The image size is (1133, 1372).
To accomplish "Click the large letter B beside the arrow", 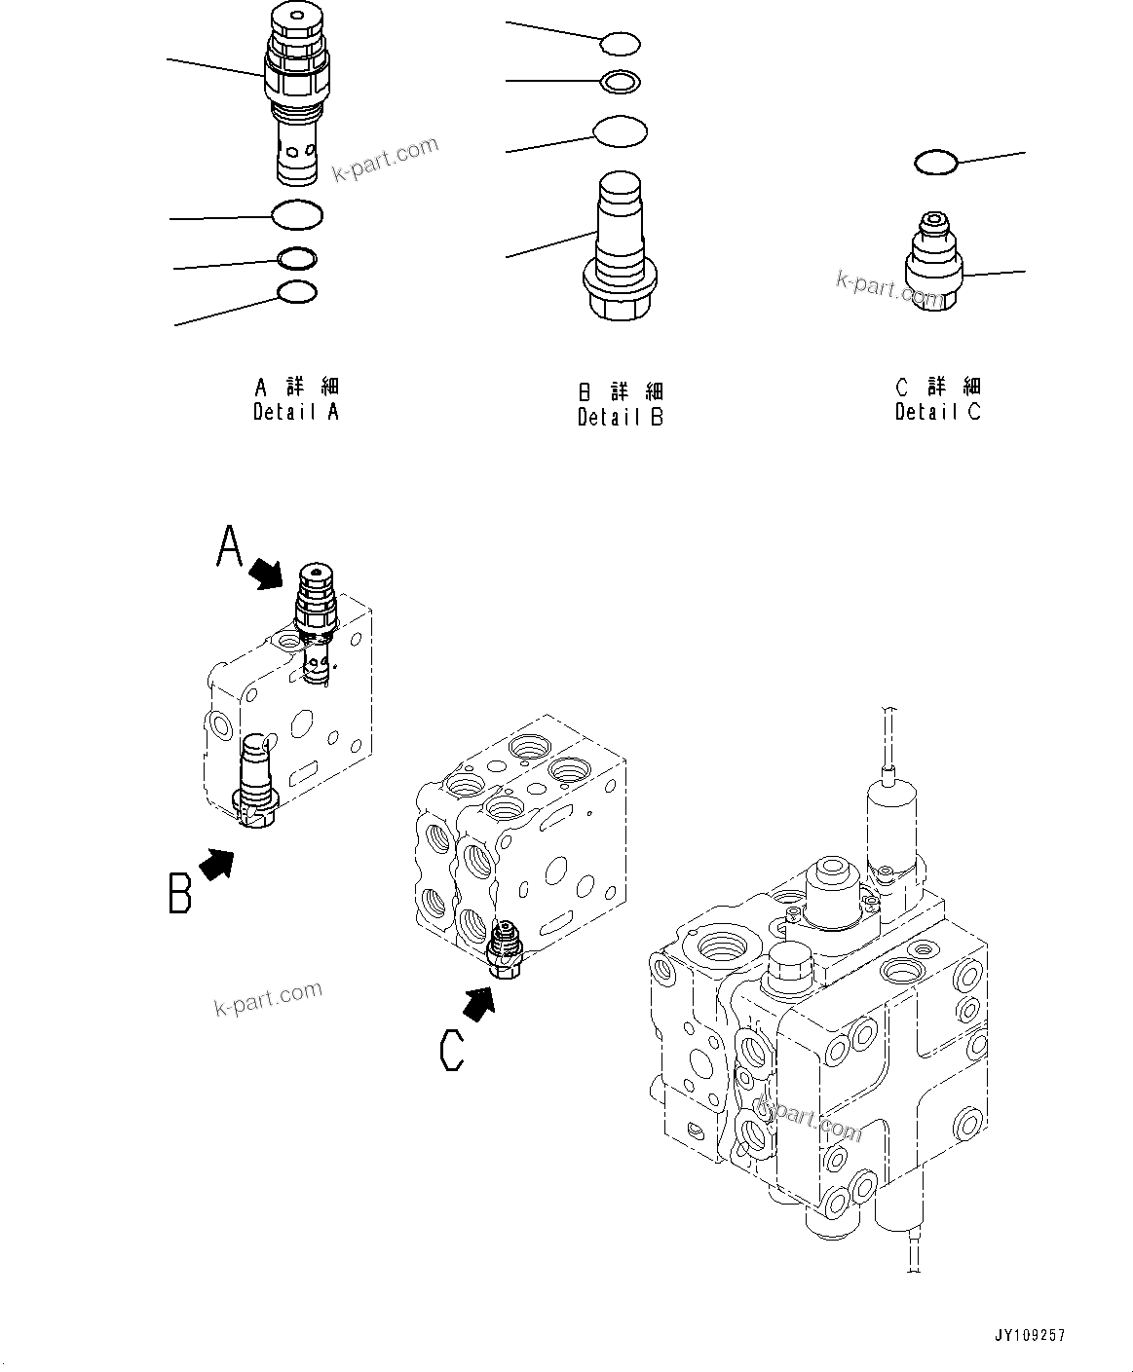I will pos(180,892).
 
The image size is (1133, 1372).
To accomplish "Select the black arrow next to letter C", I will pos(477,1003).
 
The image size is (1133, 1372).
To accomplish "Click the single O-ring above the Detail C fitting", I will pos(935,163).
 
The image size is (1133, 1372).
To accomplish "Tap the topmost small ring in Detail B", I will pos(621,43).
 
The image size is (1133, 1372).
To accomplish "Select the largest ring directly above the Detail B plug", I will pos(621,131).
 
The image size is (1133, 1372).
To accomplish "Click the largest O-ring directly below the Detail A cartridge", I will pos(297,215).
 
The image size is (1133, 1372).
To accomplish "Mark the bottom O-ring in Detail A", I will pos(297,291).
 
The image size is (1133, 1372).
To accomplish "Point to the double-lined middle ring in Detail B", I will pos(621,83).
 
